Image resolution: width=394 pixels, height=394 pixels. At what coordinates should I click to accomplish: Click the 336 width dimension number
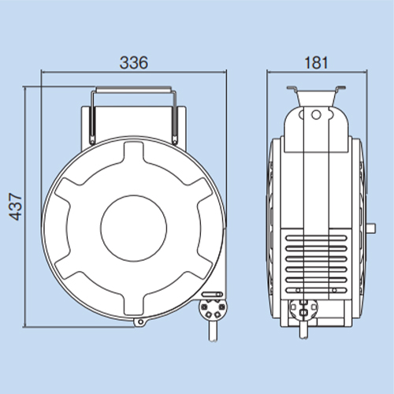point(134,62)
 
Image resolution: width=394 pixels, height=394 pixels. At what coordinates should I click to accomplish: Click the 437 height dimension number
point(16,206)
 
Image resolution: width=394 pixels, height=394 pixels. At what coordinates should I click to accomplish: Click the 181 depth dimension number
point(316,63)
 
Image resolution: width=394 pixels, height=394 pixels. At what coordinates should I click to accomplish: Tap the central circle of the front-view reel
point(133,229)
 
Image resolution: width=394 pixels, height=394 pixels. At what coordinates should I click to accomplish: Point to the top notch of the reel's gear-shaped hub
point(134,152)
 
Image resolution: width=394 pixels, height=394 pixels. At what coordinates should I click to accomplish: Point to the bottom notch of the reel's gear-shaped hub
point(134,303)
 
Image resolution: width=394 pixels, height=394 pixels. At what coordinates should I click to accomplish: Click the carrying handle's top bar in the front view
point(133,89)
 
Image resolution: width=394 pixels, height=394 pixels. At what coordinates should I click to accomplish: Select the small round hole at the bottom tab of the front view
point(140,322)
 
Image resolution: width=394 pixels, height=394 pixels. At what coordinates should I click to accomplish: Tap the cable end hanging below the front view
point(213,330)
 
